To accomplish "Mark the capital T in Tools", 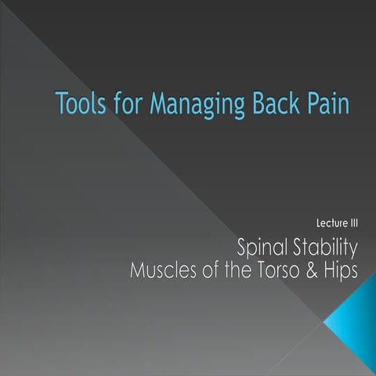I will pos(63,102).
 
